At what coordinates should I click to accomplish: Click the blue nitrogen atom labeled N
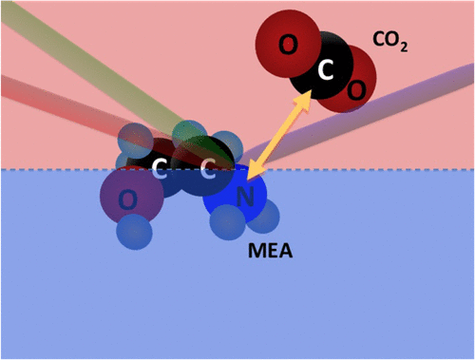(x=244, y=198)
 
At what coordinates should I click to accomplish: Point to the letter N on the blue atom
(x=244, y=198)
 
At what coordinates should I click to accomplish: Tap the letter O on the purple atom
(x=125, y=198)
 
